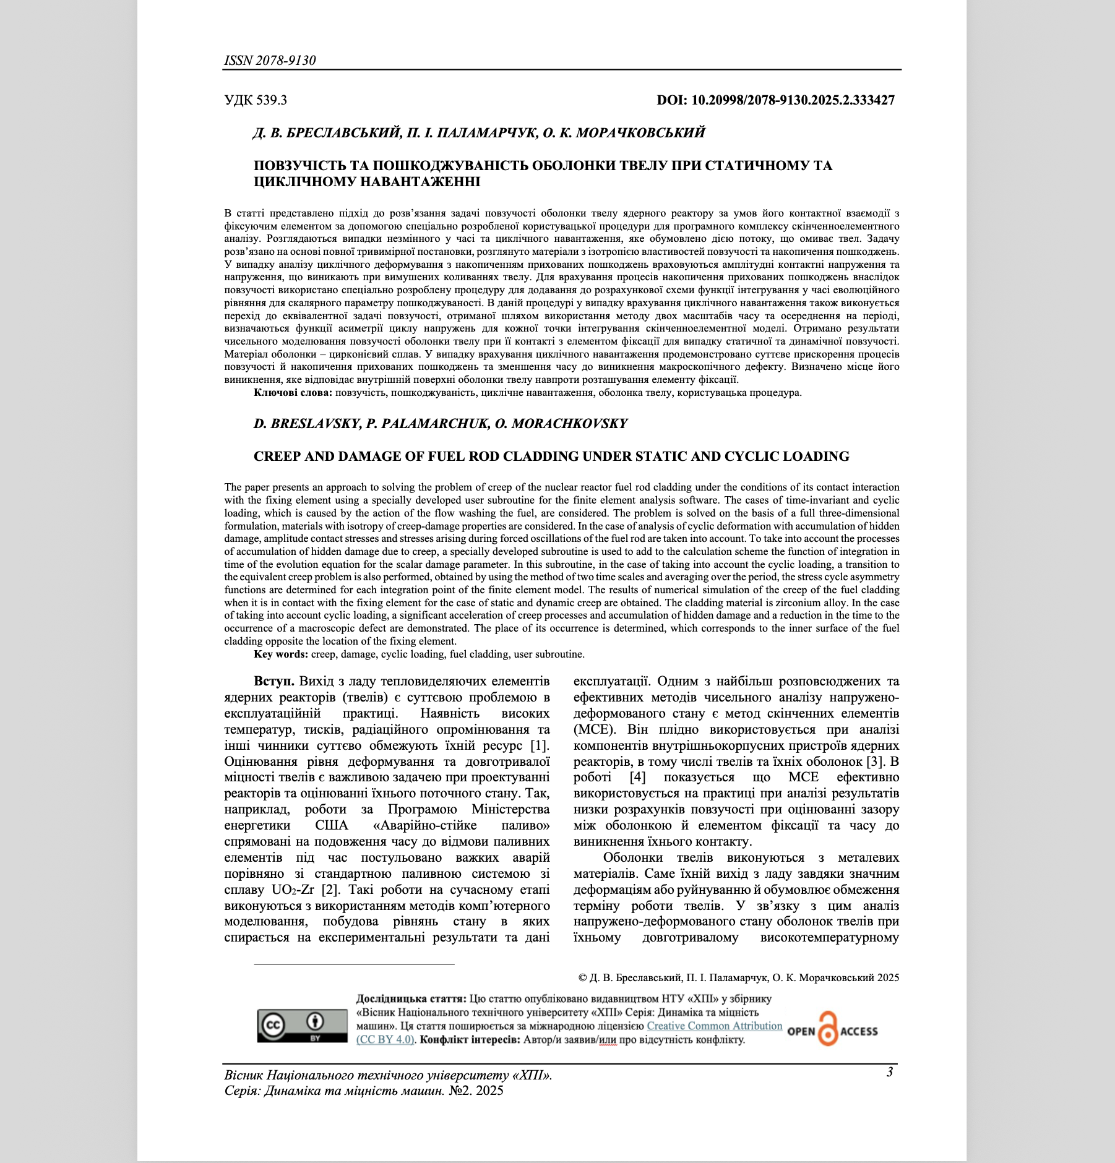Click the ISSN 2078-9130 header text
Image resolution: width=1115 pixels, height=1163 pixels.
tap(270, 60)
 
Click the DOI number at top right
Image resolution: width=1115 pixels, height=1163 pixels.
tap(775, 100)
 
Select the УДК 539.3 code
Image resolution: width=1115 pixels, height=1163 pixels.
tap(256, 100)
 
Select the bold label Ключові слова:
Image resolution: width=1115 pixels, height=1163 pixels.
tap(293, 393)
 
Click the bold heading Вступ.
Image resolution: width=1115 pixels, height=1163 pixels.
tap(273, 681)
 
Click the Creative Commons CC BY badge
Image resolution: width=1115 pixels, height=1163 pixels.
tap(302, 1026)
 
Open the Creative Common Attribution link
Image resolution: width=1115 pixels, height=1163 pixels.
tap(714, 1026)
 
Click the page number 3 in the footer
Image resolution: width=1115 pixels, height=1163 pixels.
tap(889, 1072)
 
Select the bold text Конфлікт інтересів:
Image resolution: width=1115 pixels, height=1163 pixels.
tap(470, 1040)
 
